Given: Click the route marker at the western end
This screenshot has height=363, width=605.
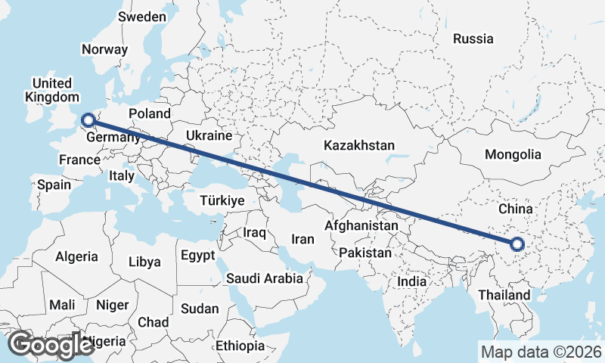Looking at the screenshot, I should (x=88, y=119).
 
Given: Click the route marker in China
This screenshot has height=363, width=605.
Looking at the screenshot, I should (x=517, y=244).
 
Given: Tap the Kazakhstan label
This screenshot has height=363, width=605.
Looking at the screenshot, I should (x=359, y=144).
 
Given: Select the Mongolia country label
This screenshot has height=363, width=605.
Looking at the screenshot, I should (x=513, y=155).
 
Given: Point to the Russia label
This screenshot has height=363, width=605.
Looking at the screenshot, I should (x=473, y=38).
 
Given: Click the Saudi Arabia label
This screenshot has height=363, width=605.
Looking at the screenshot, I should (x=265, y=279).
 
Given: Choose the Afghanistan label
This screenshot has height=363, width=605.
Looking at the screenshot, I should (x=361, y=225).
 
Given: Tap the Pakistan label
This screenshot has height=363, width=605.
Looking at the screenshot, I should (x=366, y=253).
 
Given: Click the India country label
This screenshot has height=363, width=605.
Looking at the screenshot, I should (x=412, y=281).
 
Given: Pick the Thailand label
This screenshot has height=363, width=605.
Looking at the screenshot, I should (x=504, y=294).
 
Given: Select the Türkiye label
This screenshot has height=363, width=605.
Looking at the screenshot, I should (x=222, y=200).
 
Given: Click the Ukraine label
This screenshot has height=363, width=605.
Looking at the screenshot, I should (x=208, y=136).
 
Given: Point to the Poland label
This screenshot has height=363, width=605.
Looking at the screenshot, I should (x=150, y=113).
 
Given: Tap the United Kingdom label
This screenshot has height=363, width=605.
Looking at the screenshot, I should (x=51, y=90).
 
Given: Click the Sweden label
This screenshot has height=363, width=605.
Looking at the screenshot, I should (x=142, y=17).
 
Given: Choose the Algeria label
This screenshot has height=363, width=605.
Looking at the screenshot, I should (x=76, y=256).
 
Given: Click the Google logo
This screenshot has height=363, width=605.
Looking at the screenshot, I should (x=51, y=344).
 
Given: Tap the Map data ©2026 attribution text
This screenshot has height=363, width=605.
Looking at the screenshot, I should (x=541, y=352).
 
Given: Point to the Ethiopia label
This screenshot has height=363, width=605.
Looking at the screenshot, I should (x=240, y=346).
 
